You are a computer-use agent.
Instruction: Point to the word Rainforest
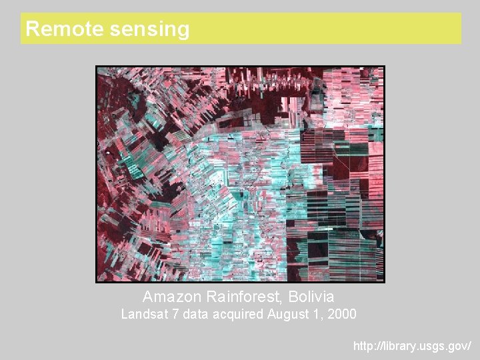245,296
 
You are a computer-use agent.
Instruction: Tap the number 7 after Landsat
175,313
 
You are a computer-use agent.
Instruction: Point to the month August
287,314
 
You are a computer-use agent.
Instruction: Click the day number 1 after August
317,313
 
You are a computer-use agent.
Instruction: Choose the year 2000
341,313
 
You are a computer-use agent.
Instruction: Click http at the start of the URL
364,346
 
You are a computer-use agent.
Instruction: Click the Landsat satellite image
240,173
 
